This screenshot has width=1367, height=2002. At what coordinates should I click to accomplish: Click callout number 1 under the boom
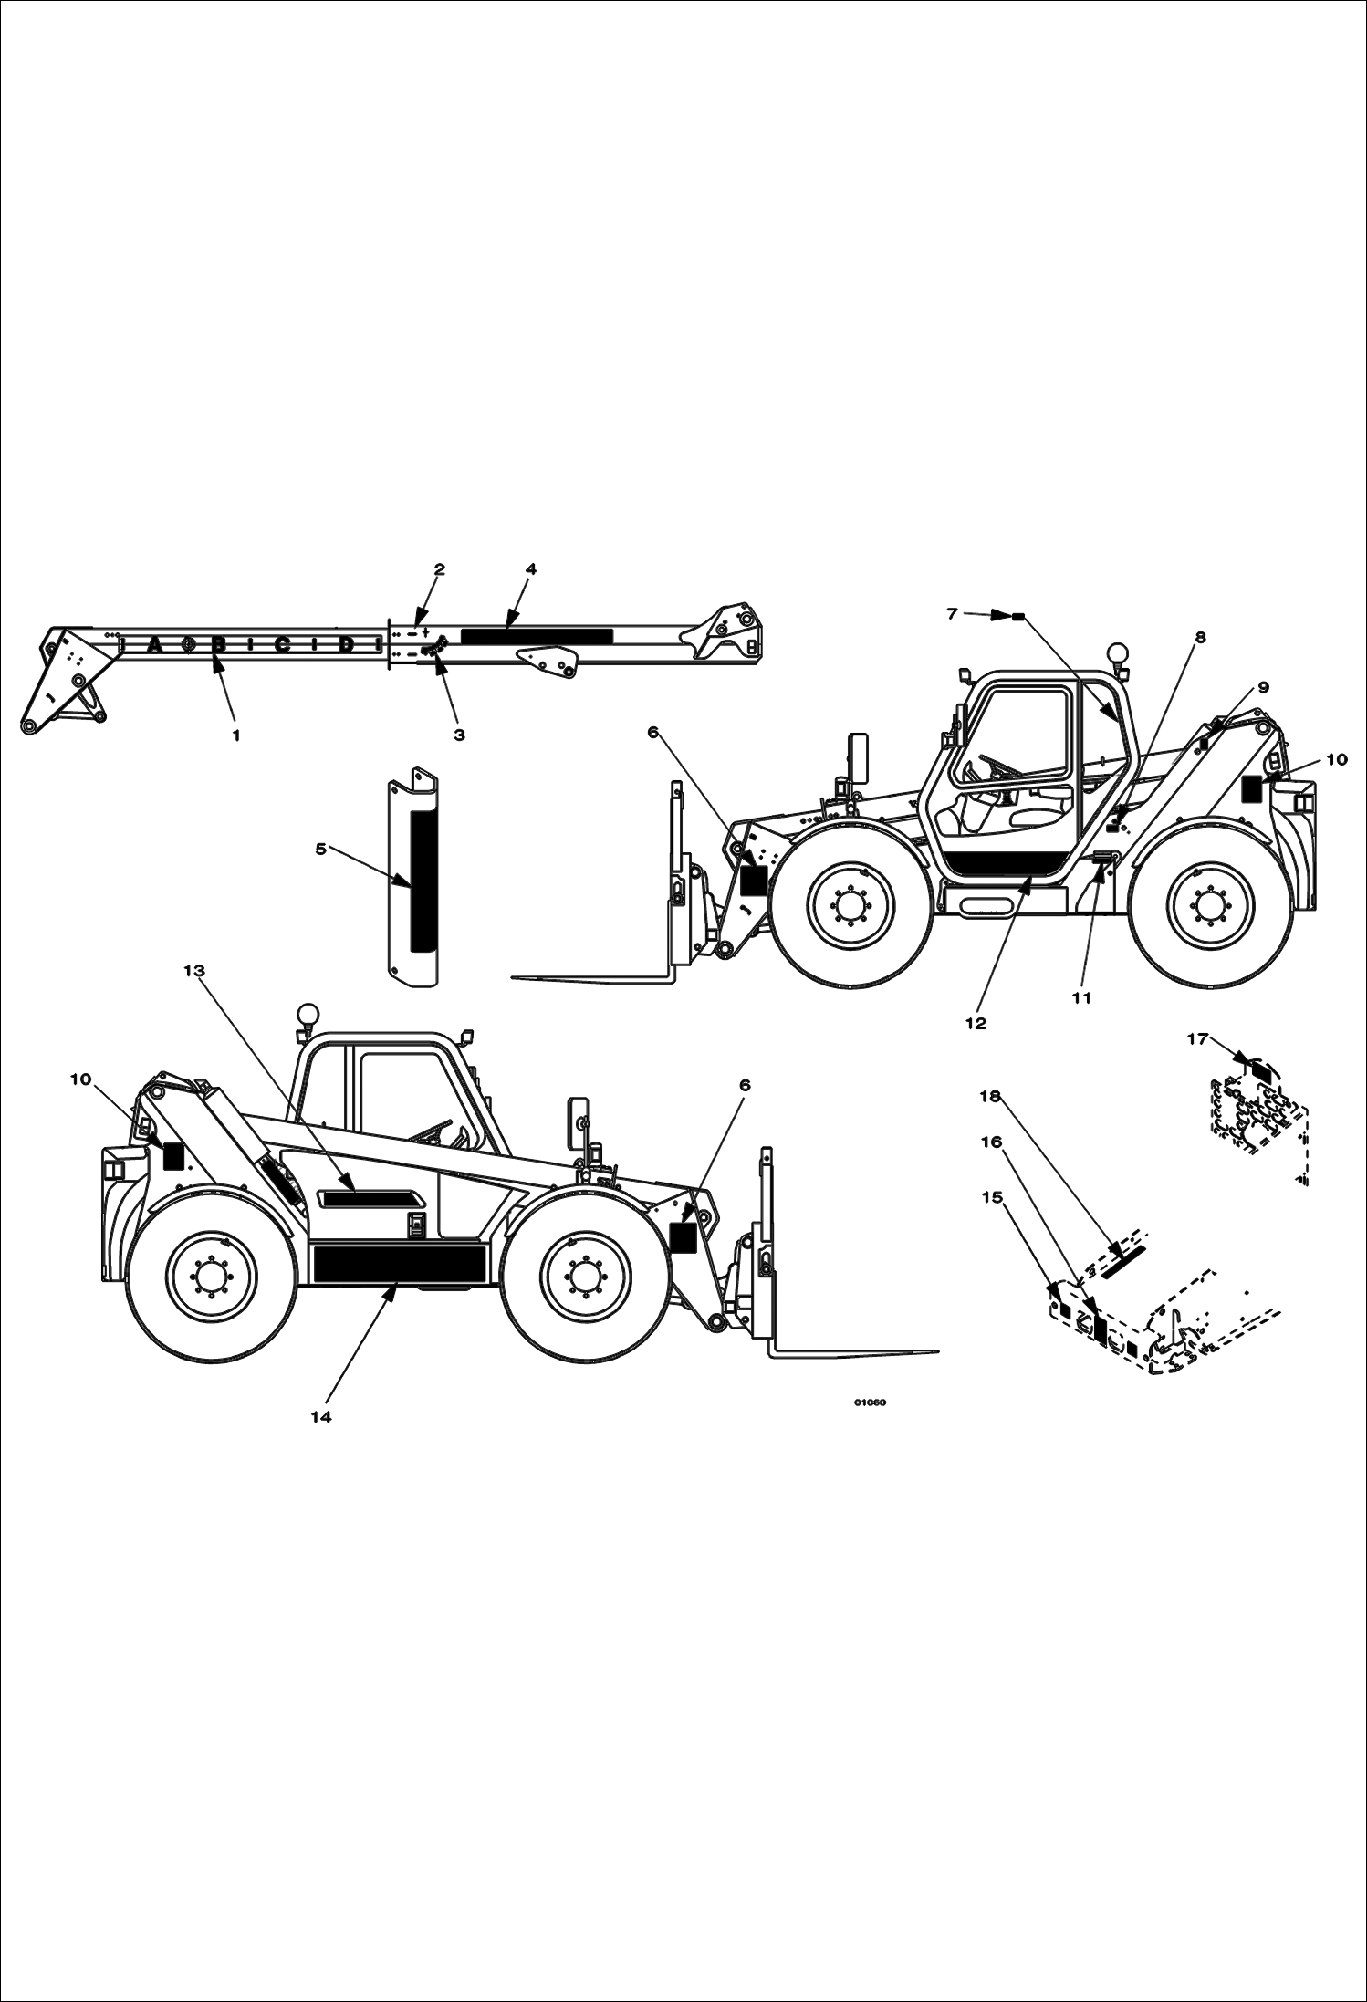coord(236,735)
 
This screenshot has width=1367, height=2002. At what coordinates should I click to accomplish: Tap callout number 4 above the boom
coord(530,569)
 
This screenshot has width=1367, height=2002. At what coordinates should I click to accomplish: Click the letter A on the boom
coord(154,646)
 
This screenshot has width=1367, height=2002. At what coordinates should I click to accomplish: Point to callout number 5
coord(321,849)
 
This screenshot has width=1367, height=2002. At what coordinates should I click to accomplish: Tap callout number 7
coord(952,614)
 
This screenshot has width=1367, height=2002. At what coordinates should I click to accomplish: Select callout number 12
coord(976,1023)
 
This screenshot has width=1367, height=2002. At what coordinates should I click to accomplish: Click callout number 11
coord(1081,998)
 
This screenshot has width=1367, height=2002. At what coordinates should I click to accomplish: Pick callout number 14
coord(320,1416)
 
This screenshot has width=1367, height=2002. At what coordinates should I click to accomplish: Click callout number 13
coord(194,971)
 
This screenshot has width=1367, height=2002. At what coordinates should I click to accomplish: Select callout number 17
coord(1197,1038)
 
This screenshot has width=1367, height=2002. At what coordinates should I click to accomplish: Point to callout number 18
coord(990,1096)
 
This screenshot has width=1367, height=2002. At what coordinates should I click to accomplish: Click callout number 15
coord(992,1198)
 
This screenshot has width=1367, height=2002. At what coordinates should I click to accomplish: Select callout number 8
coord(1200,638)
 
